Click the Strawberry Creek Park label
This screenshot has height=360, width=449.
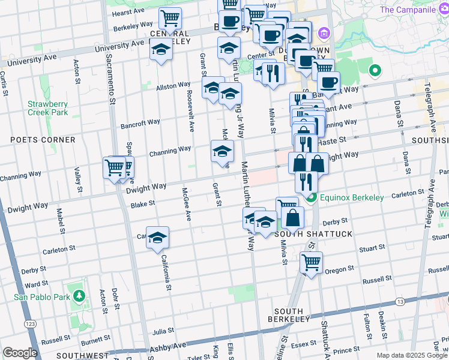point(47,108)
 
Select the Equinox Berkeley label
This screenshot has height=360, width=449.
point(352,197)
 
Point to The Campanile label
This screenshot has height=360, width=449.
point(412,10)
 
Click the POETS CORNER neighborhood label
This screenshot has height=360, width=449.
point(43,140)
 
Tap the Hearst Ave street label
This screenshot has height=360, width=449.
point(128,11)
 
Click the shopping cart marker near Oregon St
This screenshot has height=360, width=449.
point(312,262)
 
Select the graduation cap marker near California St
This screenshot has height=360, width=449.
point(157,238)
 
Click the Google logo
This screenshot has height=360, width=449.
point(20,353)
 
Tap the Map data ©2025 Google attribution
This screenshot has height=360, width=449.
point(412,355)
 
